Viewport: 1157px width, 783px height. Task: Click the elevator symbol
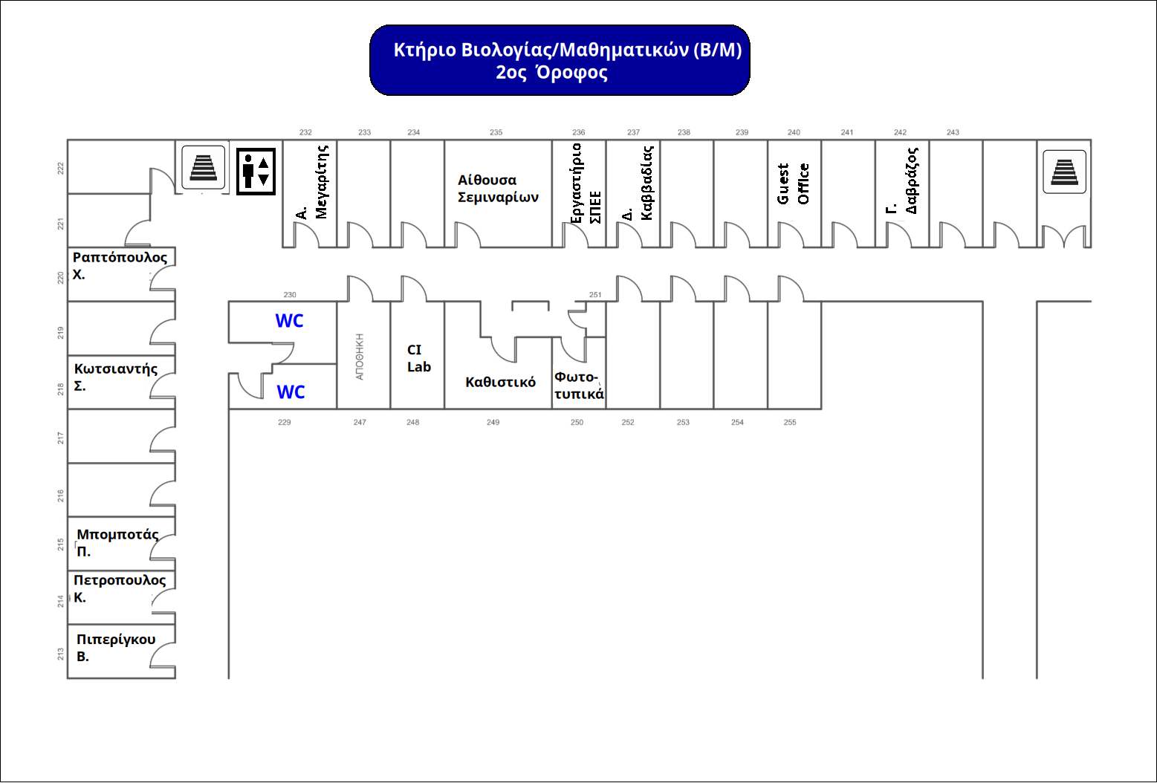pyautogui.click(x=256, y=172)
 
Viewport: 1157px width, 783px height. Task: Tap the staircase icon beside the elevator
pyautogui.click(x=204, y=167)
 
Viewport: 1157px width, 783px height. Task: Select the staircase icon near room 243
pyautogui.click(x=1065, y=172)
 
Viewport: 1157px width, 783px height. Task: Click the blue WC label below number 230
pyautogui.click(x=289, y=321)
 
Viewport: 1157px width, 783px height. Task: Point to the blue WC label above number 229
pyautogui.click(x=291, y=392)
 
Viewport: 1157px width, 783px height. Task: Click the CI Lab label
pyautogui.click(x=419, y=358)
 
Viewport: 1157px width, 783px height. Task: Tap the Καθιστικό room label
pyautogui.click(x=501, y=382)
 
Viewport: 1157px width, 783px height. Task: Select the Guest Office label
pyautogui.click(x=793, y=184)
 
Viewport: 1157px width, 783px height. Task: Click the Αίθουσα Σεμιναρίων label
pyautogui.click(x=498, y=189)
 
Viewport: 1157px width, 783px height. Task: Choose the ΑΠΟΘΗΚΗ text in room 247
pyautogui.click(x=360, y=357)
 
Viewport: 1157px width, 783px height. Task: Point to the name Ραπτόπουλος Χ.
pyautogui.click(x=120, y=265)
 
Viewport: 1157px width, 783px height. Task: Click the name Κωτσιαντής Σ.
pyautogui.click(x=116, y=377)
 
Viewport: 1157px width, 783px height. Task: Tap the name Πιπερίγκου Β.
pyautogui.click(x=116, y=648)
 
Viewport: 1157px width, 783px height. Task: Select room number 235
pyautogui.click(x=496, y=132)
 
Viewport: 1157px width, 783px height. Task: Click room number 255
pyautogui.click(x=790, y=422)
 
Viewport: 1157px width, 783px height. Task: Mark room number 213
pyautogui.click(x=60, y=654)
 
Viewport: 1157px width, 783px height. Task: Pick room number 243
pyautogui.click(x=953, y=132)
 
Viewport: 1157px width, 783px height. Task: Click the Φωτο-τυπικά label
pyautogui.click(x=579, y=386)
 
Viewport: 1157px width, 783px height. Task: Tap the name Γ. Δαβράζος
pyautogui.click(x=902, y=181)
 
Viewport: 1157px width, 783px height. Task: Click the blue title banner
pyautogui.click(x=560, y=60)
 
